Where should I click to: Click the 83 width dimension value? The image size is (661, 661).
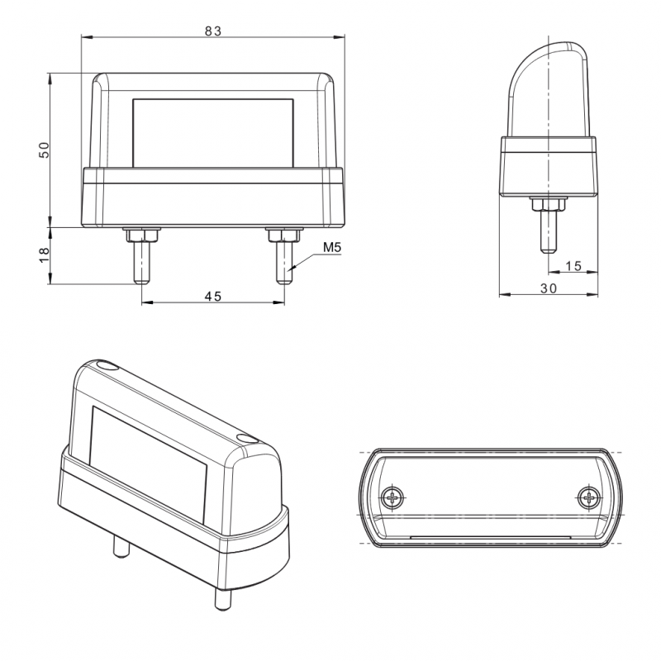point(213,31)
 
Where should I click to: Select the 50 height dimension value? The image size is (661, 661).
point(44,150)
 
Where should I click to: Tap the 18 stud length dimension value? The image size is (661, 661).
point(44,255)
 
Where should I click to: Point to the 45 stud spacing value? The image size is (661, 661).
point(213,297)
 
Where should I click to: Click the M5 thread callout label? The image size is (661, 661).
point(332,247)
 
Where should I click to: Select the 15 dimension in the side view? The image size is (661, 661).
point(573,266)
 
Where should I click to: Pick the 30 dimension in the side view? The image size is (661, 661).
point(549,288)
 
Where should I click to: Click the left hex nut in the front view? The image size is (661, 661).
point(141,235)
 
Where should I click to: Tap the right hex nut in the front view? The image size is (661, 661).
point(284,235)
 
